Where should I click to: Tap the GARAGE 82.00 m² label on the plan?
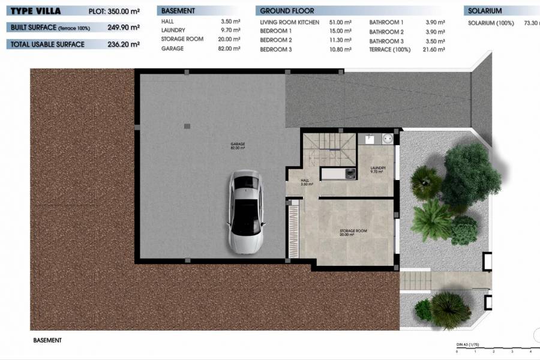[238, 146]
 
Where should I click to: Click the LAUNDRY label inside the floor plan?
[377, 169]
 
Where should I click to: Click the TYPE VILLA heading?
[35, 10]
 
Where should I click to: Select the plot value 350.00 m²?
[123, 11]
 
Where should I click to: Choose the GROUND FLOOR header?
[287, 11]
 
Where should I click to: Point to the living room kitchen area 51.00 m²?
[340, 22]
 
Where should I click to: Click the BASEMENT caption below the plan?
[47, 340]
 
